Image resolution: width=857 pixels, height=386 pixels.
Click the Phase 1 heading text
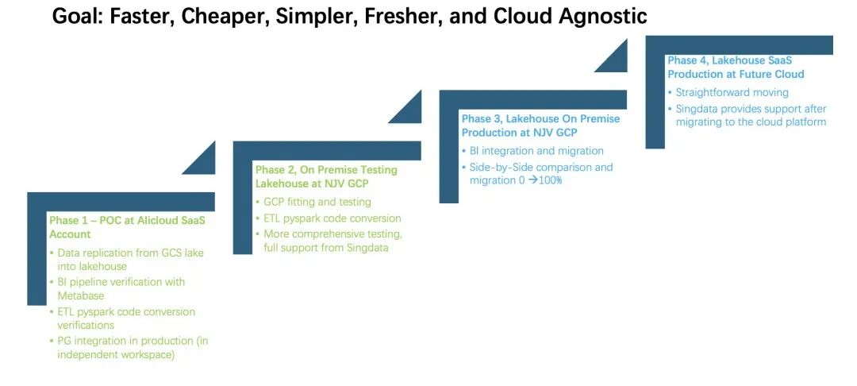127,227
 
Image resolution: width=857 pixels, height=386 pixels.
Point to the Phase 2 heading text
326,176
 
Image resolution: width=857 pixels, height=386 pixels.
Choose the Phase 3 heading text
540,125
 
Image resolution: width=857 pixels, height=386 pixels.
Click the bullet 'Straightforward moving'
732,92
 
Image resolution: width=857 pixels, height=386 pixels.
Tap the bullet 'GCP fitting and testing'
317,202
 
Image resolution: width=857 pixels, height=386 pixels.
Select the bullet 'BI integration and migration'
536,151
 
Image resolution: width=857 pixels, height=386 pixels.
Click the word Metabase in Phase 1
81,295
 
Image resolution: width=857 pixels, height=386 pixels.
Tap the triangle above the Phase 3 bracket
612,55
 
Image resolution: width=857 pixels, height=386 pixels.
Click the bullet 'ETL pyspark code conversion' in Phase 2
332,218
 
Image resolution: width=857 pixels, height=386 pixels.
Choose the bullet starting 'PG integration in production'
133,348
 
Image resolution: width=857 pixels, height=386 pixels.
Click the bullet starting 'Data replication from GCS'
131,260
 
